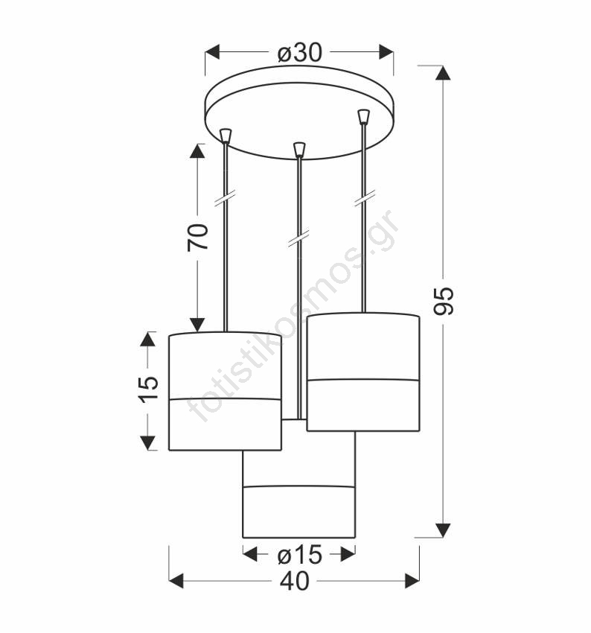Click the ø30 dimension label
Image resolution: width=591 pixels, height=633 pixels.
300,53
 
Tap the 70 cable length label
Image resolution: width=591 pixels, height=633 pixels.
198,237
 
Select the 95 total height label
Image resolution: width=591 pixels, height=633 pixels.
444,301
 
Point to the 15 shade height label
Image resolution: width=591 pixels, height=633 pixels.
148,389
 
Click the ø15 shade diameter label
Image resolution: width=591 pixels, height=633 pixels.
300,555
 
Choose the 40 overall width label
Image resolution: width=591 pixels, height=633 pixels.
295,582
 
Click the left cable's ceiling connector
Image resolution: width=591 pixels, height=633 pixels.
226,136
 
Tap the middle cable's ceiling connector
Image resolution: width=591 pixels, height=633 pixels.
299,150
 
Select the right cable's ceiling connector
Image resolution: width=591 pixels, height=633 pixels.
364,117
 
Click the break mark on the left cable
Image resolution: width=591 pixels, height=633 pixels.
226,200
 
